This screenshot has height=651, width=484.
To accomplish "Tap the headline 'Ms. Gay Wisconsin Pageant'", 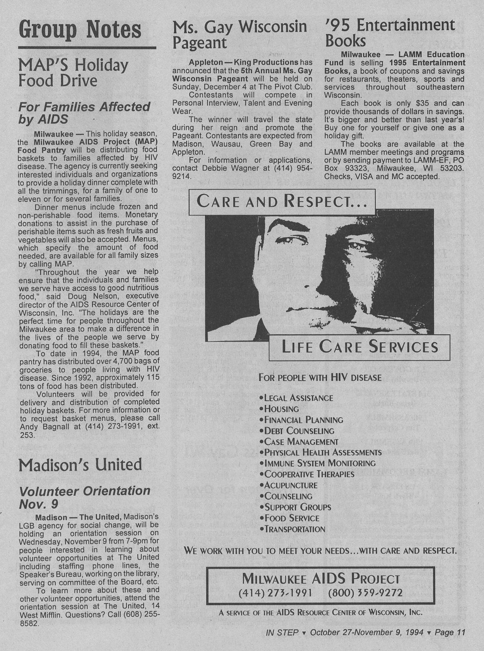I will tap(240, 34).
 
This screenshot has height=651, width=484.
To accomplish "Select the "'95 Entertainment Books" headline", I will tap(390, 32).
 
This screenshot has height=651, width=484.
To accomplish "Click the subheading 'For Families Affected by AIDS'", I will tap(84, 113).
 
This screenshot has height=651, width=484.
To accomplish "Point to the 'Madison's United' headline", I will tap(80, 464).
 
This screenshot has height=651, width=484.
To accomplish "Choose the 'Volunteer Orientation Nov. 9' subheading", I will tap(85, 497).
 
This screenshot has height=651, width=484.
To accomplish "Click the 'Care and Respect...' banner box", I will tap(282, 201).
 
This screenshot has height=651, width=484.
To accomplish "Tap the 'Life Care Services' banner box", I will tap(359, 347).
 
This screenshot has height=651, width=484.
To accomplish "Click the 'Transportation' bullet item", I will tap(294, 529).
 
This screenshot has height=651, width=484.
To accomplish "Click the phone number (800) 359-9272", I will tap(365, 593).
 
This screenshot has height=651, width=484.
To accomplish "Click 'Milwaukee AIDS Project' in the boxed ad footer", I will tap(320, 579).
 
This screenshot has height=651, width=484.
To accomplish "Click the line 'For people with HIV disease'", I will tap(320, 377).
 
